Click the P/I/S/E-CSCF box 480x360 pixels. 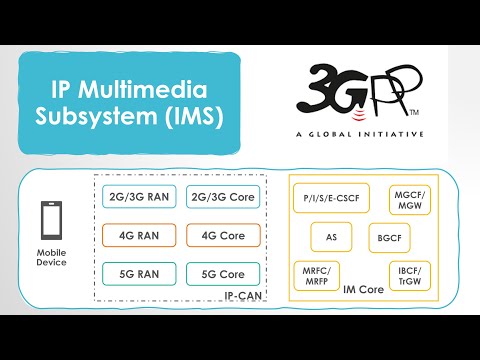(331, 200)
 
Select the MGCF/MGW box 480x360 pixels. (409, 200)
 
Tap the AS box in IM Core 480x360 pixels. (331, 238)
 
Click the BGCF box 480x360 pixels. (385, 238)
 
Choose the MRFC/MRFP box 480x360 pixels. (319, 274)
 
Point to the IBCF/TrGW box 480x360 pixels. (409, 274)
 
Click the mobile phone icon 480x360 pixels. (52, 221)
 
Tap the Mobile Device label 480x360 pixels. (51, 257)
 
